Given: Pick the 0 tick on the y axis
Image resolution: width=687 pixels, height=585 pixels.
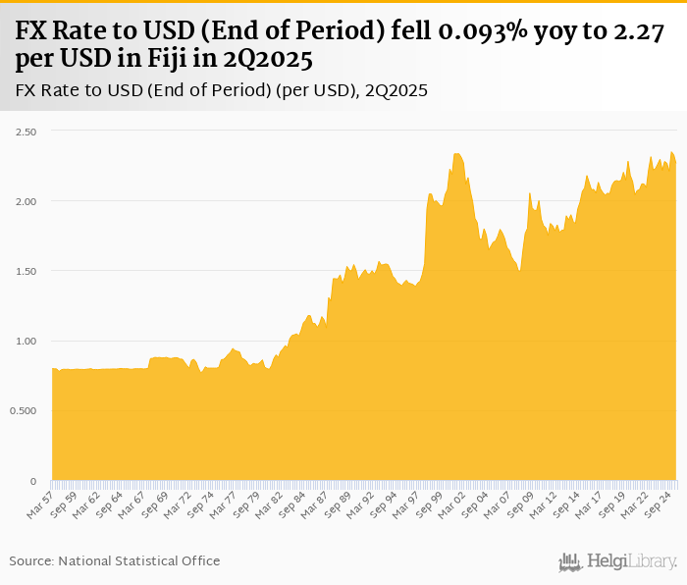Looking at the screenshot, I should (33, 481).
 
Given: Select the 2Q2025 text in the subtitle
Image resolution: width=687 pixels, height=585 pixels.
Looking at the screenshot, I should (396, 90).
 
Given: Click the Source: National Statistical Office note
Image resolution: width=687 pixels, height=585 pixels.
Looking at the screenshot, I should (115, 560).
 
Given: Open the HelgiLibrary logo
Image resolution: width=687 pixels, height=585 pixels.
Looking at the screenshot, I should (617, 561).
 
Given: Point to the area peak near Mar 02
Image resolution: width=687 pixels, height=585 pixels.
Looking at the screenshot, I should (457, 154).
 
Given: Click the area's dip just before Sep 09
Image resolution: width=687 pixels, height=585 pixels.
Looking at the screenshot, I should (519, 271).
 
